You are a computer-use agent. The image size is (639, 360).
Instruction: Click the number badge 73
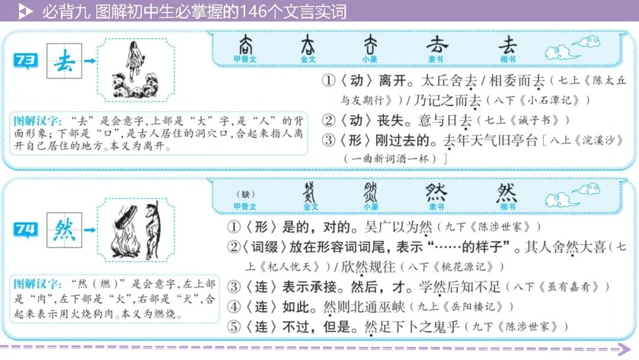(x=27, y=60)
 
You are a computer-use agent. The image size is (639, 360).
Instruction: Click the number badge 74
(x=27, y=229)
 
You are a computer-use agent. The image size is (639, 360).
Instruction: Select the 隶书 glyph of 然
(x=437, y=192)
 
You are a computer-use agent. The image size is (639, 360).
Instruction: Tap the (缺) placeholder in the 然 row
(x=244, y=194)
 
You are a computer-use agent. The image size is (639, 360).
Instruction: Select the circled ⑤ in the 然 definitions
(x=235, y=326)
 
